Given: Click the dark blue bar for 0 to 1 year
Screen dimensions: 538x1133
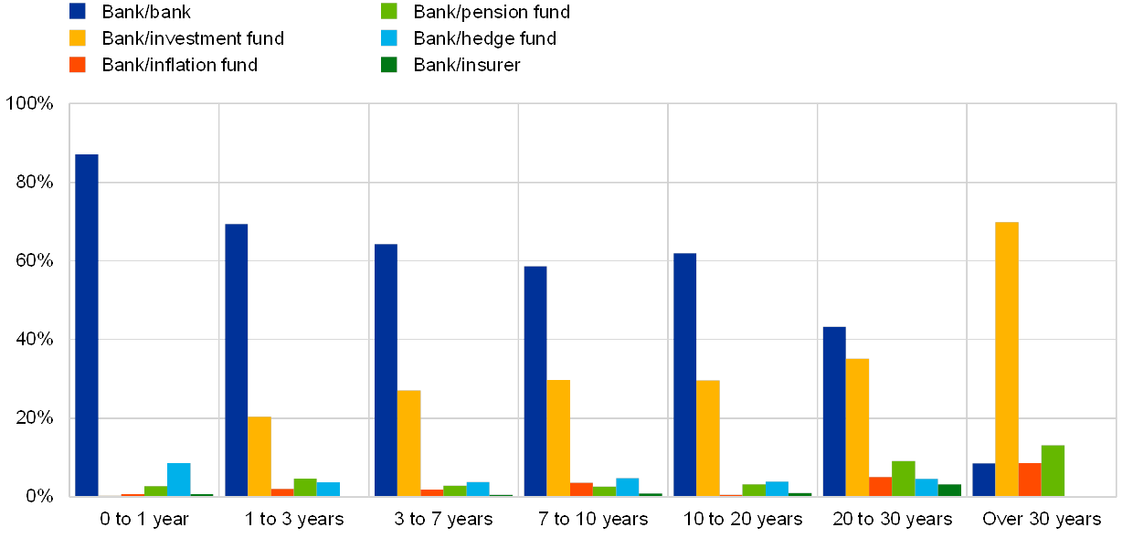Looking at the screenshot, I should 87,325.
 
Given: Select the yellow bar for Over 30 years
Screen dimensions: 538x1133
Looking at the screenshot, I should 1006,359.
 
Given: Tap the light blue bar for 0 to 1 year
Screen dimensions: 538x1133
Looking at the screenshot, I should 179,480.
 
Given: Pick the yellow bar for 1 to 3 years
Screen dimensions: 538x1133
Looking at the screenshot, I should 259,457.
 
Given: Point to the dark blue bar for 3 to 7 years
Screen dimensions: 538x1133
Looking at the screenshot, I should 386,370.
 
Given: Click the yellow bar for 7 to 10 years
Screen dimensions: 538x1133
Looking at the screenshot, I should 558,438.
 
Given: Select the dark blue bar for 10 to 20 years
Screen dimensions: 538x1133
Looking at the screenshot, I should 684,374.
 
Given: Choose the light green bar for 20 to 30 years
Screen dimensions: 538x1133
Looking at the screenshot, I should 904,479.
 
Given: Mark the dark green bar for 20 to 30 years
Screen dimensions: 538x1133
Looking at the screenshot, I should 949,491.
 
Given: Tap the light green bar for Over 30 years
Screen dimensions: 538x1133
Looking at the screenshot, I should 1053,470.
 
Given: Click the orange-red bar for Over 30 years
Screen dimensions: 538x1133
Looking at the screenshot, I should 1030,480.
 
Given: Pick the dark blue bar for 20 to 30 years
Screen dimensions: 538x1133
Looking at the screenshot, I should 834,411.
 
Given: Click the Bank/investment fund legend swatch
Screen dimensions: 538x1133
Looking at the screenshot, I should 78,38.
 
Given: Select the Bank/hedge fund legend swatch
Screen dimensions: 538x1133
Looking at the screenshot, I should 389,38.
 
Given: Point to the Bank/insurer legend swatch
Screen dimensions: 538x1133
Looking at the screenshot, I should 389,65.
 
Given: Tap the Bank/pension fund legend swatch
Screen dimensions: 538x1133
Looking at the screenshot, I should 389,12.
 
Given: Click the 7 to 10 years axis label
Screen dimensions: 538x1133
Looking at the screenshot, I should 594,519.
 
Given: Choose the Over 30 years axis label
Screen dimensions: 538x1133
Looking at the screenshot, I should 1042,519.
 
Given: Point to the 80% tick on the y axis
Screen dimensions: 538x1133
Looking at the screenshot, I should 31,183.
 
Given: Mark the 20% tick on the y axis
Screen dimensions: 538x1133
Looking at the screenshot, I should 31,418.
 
